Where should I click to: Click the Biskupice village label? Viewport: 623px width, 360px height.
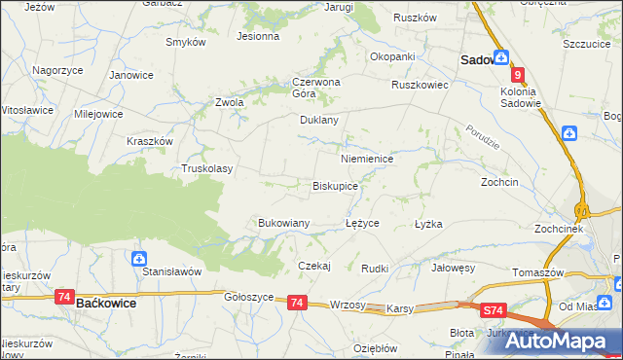pos(335,185)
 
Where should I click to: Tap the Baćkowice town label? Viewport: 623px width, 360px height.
pos(104,304)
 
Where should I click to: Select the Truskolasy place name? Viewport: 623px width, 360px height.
pos(207,168)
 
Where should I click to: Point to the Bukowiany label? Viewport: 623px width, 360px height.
pos(283,223)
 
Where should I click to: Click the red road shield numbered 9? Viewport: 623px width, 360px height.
pos(519,75)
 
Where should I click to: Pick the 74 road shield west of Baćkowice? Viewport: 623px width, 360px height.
pos(64,296)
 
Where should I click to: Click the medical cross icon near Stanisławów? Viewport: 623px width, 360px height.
pos(139,259)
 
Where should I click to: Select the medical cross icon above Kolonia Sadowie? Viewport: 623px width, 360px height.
pos(500,57)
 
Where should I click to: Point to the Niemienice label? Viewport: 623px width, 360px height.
pos(366,158)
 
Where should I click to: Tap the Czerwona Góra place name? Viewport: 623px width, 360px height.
pos(315,88)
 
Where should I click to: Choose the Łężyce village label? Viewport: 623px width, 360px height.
pos(363,223)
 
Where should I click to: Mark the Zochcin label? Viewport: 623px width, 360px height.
pos(499,182)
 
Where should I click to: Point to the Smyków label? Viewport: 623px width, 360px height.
pos(185,43)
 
